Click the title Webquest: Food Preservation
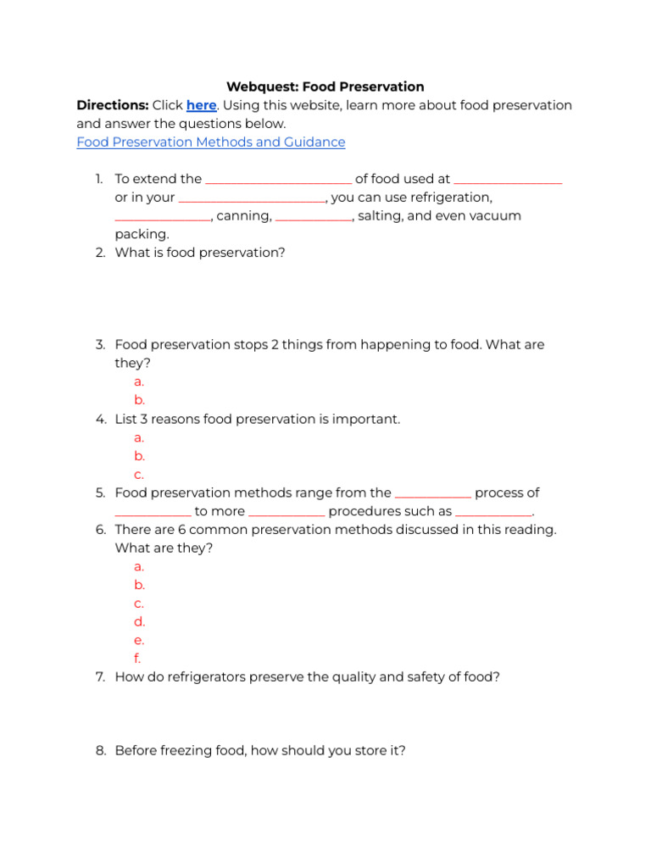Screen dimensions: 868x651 (x=325, y=86)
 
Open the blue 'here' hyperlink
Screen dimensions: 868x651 (x=202, y=105)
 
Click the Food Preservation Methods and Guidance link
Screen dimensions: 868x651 (x=211, y=142)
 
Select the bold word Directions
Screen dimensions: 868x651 (x=111, y=105)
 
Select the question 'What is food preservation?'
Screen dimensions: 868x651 (x=200, y=253)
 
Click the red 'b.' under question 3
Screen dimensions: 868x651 (x=140, y=400)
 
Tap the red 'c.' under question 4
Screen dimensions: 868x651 (x=139, y=475)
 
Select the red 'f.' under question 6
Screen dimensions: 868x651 (x=137, y=659)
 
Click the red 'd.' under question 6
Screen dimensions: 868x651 (x=140, y=621)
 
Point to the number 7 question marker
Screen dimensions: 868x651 (x=100, y=677)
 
